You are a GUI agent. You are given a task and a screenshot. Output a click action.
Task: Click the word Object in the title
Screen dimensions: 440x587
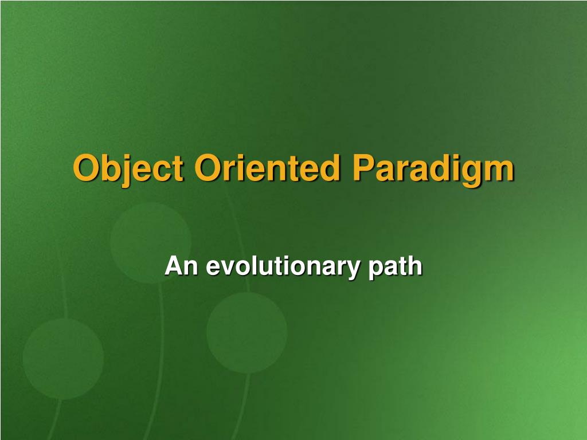click(x=128, y=168)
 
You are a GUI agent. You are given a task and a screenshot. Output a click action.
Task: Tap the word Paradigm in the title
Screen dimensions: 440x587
click(x=433, y=168)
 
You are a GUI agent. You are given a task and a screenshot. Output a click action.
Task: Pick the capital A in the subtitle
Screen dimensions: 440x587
click(x=173, y=266)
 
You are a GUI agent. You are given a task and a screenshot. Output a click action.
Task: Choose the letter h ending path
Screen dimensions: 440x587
click(x=416, y=266)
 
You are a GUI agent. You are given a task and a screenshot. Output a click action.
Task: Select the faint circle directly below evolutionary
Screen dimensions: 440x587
click(x=246, y=332)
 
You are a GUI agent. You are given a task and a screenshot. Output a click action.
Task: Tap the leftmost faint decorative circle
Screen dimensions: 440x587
click(x=63, y=359)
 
